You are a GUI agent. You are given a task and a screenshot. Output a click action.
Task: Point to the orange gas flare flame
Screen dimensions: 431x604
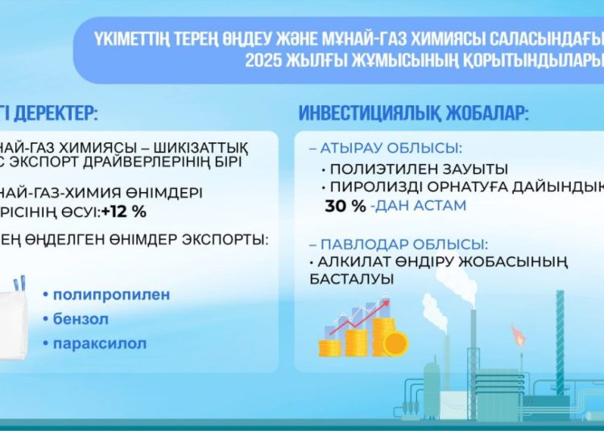(x=522, y=335)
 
